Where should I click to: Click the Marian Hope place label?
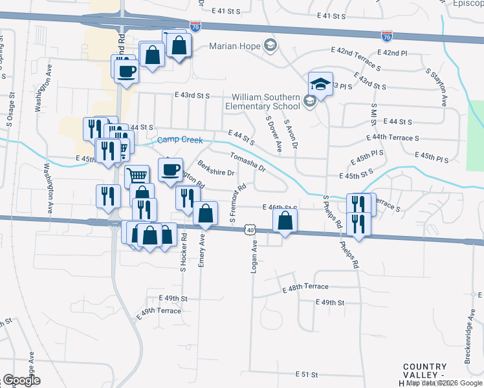(234, 46)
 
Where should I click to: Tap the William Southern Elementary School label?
(263, 102)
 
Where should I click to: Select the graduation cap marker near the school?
(320, 83)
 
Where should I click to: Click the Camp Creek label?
(181, 140)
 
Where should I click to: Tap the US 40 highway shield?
(250, 230)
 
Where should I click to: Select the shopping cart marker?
(137, 175)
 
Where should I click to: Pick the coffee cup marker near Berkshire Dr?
(170, 169)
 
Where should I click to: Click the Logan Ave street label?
(254, 256)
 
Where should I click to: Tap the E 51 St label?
(307, 374)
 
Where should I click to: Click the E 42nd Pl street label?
(393, 52)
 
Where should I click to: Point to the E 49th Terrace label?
(159, 312)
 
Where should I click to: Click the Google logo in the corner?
(21, 380)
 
